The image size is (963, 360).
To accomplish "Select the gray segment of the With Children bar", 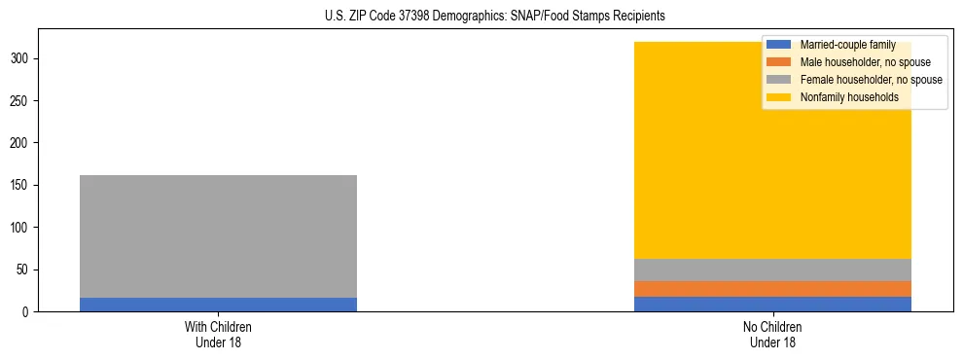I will [218, 236].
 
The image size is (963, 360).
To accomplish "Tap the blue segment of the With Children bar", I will [218, 305].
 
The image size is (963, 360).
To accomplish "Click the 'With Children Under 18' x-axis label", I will [218, 334].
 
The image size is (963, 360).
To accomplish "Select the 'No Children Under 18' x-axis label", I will [772, 334].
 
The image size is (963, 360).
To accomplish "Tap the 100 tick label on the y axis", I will [26, 228].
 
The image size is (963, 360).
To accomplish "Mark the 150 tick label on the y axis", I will [26, 185].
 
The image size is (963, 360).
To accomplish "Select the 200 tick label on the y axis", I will [26, 143].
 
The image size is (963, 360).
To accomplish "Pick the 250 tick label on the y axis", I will [26, 101].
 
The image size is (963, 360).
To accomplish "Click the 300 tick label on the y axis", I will [26, 58].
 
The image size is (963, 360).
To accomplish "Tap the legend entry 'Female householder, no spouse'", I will [871, 80].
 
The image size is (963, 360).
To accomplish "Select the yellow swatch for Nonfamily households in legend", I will [779, 97].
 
